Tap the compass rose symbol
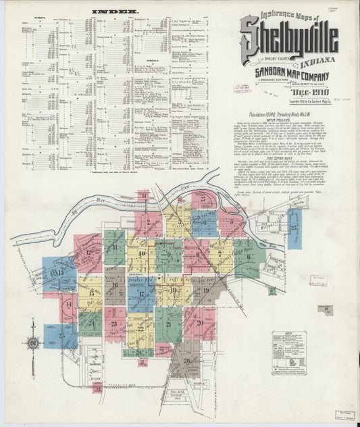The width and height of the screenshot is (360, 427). click(33, 343)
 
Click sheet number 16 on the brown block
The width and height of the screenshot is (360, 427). click(115, 285)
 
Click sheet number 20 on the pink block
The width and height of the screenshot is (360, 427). click(200, 323)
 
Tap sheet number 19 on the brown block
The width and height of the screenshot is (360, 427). click(206, 291)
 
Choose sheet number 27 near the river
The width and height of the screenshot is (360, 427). click(203, 199)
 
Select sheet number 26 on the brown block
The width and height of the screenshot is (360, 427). click(186, 361)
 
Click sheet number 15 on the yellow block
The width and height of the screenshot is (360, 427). click(91, 293)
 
